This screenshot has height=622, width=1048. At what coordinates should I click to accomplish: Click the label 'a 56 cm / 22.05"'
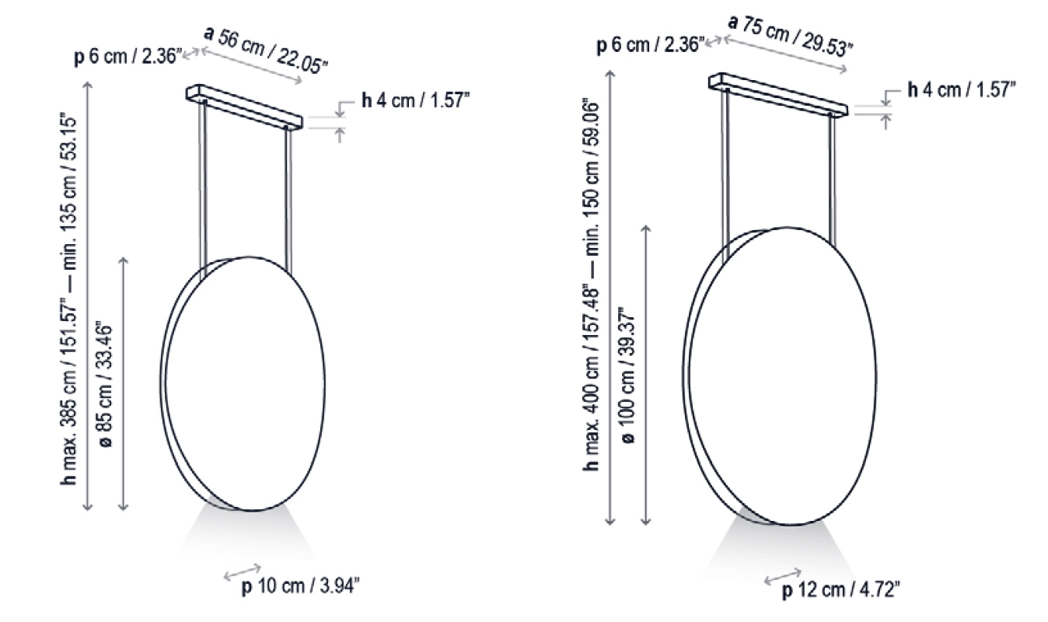click(x=266, y=50)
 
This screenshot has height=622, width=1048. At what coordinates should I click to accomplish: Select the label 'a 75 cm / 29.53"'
click(x=790, y=35)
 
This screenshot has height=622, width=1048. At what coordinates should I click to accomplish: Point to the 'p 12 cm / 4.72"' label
click(x=840, y=590)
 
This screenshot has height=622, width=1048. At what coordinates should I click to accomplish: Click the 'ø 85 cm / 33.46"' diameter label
click(x=107, y=384)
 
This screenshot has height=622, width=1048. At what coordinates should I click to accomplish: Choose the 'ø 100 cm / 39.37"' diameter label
click(x=628, y=376)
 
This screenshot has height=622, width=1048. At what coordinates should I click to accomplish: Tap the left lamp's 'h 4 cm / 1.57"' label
click(x=415, y=100)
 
